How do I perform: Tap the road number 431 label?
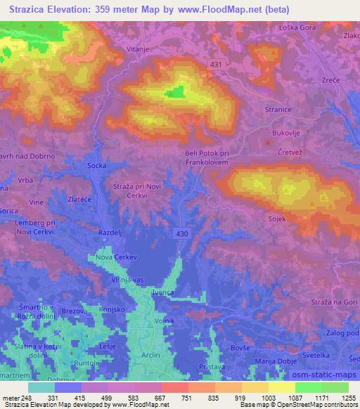(217, 64)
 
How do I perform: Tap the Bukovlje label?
(285, 131)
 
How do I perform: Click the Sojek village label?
(276, 220)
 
